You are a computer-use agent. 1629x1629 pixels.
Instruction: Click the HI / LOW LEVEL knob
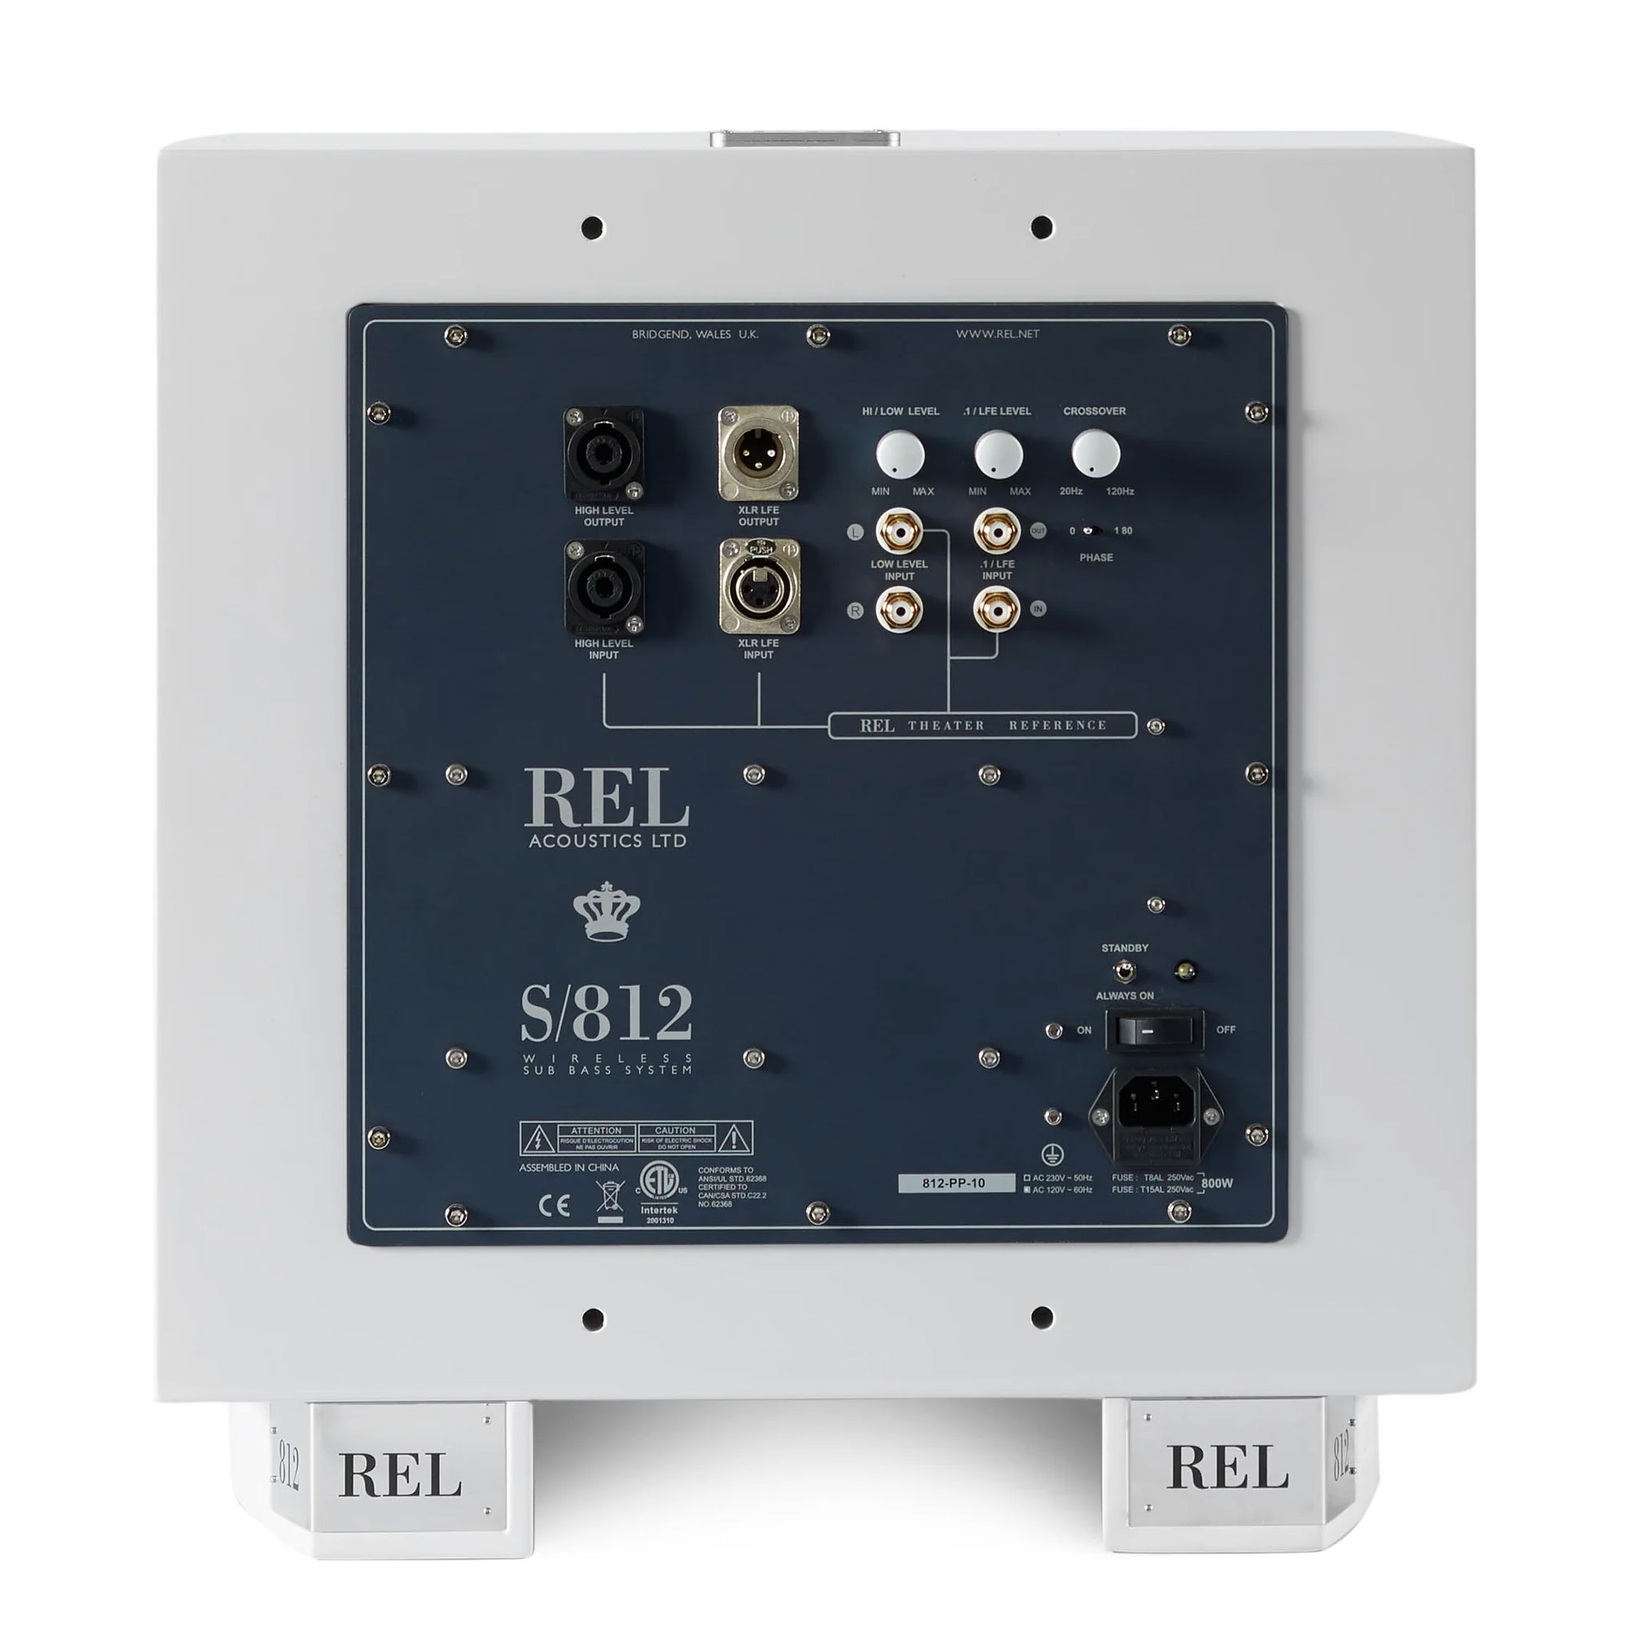click(900, 455)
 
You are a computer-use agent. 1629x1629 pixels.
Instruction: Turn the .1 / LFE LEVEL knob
click(999, 455)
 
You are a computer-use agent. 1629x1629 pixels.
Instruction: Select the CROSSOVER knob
click(1096, 454)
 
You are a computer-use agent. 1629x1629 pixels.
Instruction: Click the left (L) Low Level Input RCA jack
click(898, 532)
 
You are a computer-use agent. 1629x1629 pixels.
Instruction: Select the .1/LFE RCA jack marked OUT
click(997, 532)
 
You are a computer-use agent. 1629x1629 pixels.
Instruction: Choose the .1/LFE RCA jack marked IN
click(997, 608)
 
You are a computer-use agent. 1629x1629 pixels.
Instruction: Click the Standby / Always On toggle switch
click(1123, 972)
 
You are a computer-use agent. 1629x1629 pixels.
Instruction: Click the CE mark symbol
click(554, 1205)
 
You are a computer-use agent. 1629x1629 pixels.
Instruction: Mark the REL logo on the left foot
click(400, 1476)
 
